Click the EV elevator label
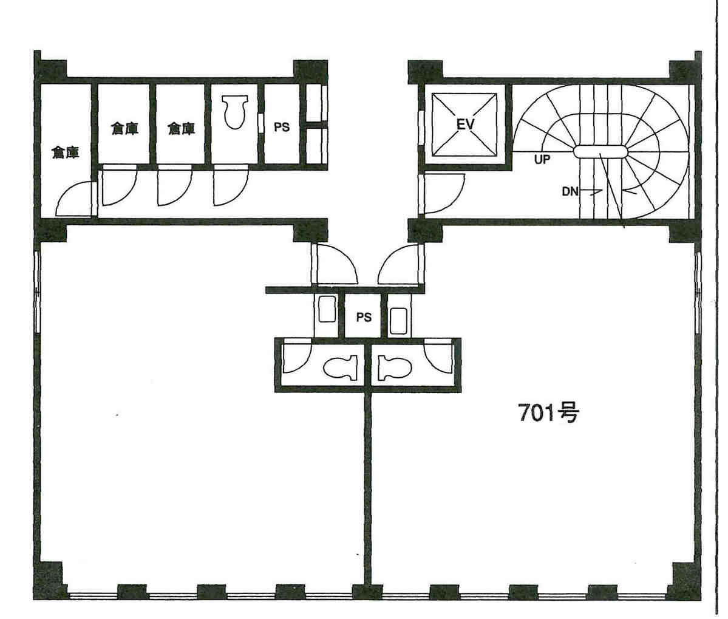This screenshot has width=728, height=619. [465, 124]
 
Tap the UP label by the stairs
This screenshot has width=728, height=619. [542, 160]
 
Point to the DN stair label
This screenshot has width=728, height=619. [570, 191]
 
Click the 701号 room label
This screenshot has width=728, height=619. [548, 413]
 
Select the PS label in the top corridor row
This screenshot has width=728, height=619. [281, 127]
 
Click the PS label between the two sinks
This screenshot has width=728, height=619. [364, 317]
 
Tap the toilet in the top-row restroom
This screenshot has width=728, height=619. [234, 111]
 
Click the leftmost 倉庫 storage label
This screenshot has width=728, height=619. [65, 152]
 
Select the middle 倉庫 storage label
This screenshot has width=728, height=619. [125, 128]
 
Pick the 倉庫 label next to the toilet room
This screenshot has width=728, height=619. [181, 128]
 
